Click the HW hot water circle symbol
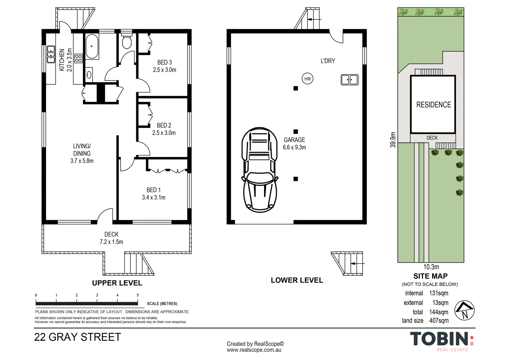307,79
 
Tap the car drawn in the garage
259,170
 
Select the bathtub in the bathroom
92,47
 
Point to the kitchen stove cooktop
78,59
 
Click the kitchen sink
51,54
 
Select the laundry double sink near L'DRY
349,80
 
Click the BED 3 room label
165,62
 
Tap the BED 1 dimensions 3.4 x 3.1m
154,197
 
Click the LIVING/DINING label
82,150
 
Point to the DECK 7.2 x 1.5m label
111,238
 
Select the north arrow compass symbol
464,311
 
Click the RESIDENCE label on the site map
433,105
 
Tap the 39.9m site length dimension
393,140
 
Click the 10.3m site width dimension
431,267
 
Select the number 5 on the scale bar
138,295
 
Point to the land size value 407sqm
439,321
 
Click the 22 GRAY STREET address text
77,337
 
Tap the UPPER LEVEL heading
117,283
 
